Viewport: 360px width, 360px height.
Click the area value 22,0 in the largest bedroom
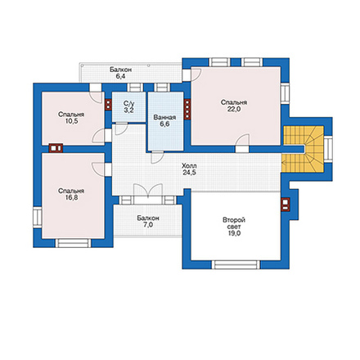(x=234, y=110)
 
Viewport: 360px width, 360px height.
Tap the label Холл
(x=189, y=166)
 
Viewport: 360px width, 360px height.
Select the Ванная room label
(x=164, y=118)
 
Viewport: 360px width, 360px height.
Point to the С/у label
(x=128, y=104)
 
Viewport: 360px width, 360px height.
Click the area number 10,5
(x=71, y=121)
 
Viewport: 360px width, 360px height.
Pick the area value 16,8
(x=71, y=197)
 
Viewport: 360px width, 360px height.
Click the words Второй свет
(x=234, y=223)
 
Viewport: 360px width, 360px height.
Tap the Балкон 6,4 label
(x=120, y=73)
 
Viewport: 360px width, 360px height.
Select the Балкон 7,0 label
(x=148, y=222)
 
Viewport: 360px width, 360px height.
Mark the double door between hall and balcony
(x=148, y=191)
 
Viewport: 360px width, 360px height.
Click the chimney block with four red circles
(x=187, y=109)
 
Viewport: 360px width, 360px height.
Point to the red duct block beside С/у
(x=108, y=105)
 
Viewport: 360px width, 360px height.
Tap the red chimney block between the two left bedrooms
(x=56, y=148)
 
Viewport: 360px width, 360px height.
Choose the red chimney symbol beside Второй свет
(x=285, y=205)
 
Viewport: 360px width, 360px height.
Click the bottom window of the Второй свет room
(x=236, y=264)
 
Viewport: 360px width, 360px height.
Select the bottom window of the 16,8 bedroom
(x=74, y=243)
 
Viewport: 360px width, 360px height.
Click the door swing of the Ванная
(x=157, y=157)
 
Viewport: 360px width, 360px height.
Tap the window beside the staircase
(x=328, y=149)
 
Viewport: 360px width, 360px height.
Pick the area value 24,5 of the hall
(x=190, y=173)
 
